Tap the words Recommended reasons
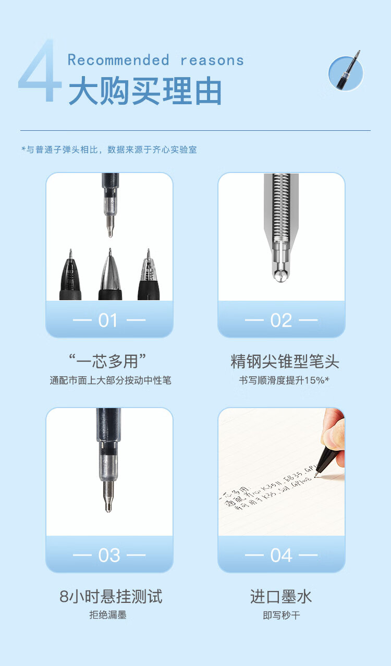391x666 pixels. (155, 60)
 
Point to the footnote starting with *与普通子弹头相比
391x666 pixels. (109, 150)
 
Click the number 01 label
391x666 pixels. (108, 320)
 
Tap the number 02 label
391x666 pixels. (281, 320)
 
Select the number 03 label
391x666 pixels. (108, 556)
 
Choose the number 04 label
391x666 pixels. (281, 556)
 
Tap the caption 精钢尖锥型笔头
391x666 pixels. (285, 361)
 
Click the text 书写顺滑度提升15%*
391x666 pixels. (284, 380)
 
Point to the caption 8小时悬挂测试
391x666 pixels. (111, 596)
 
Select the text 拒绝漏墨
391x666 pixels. (108, 615)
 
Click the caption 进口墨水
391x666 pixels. (281, 596)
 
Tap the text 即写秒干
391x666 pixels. (281, 615)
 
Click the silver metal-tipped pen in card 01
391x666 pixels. (110, 276)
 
